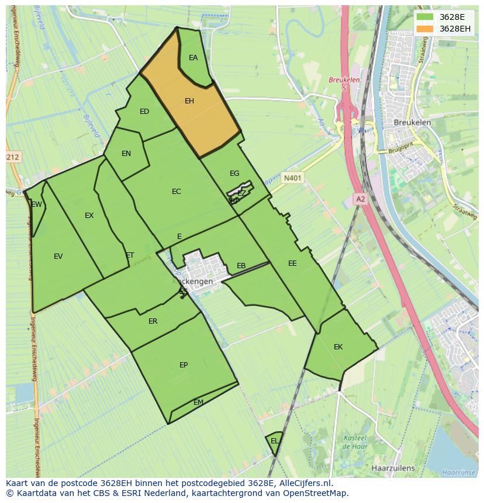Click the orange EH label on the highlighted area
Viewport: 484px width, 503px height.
[189, 101]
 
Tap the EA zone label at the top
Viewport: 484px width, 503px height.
[193, 58]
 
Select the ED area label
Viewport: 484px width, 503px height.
[144, 112]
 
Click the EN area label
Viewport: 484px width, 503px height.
[126, 154]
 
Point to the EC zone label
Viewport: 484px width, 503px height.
[176, 192]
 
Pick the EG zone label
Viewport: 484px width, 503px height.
[234, 174]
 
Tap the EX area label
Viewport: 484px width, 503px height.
[89, 216]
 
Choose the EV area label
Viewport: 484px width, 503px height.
[58, 256]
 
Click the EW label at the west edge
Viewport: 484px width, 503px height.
[37, 204]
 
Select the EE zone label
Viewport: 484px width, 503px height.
[292, 263]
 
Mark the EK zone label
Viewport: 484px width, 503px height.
[338, 347]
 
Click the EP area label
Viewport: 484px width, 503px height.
[184, 365]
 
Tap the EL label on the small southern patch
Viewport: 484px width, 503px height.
[274, 441]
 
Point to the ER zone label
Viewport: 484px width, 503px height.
[153, 321]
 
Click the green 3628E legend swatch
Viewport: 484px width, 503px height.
[426, 16]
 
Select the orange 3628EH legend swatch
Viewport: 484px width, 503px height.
[426, 29]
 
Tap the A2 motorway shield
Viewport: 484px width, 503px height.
[360, 199]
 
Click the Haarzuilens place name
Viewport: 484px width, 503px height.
[393, 468]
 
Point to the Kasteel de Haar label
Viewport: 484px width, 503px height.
[354, 442]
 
